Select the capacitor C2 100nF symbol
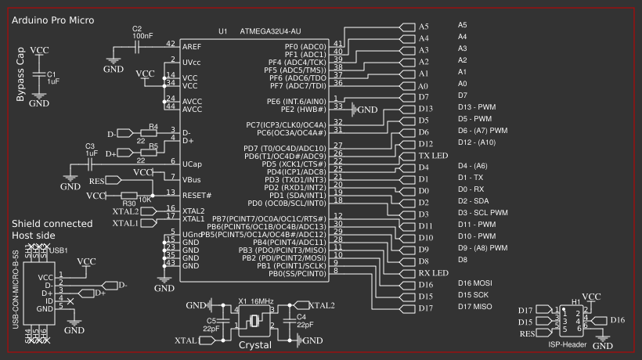tap(138, 47)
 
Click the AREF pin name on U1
tap(193, 48)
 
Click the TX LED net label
tap(433, 156)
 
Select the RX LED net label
tap(433, 273)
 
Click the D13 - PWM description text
tap(476, 107)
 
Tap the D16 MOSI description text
tap(474, 283)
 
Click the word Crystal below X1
tap(254, 344)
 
